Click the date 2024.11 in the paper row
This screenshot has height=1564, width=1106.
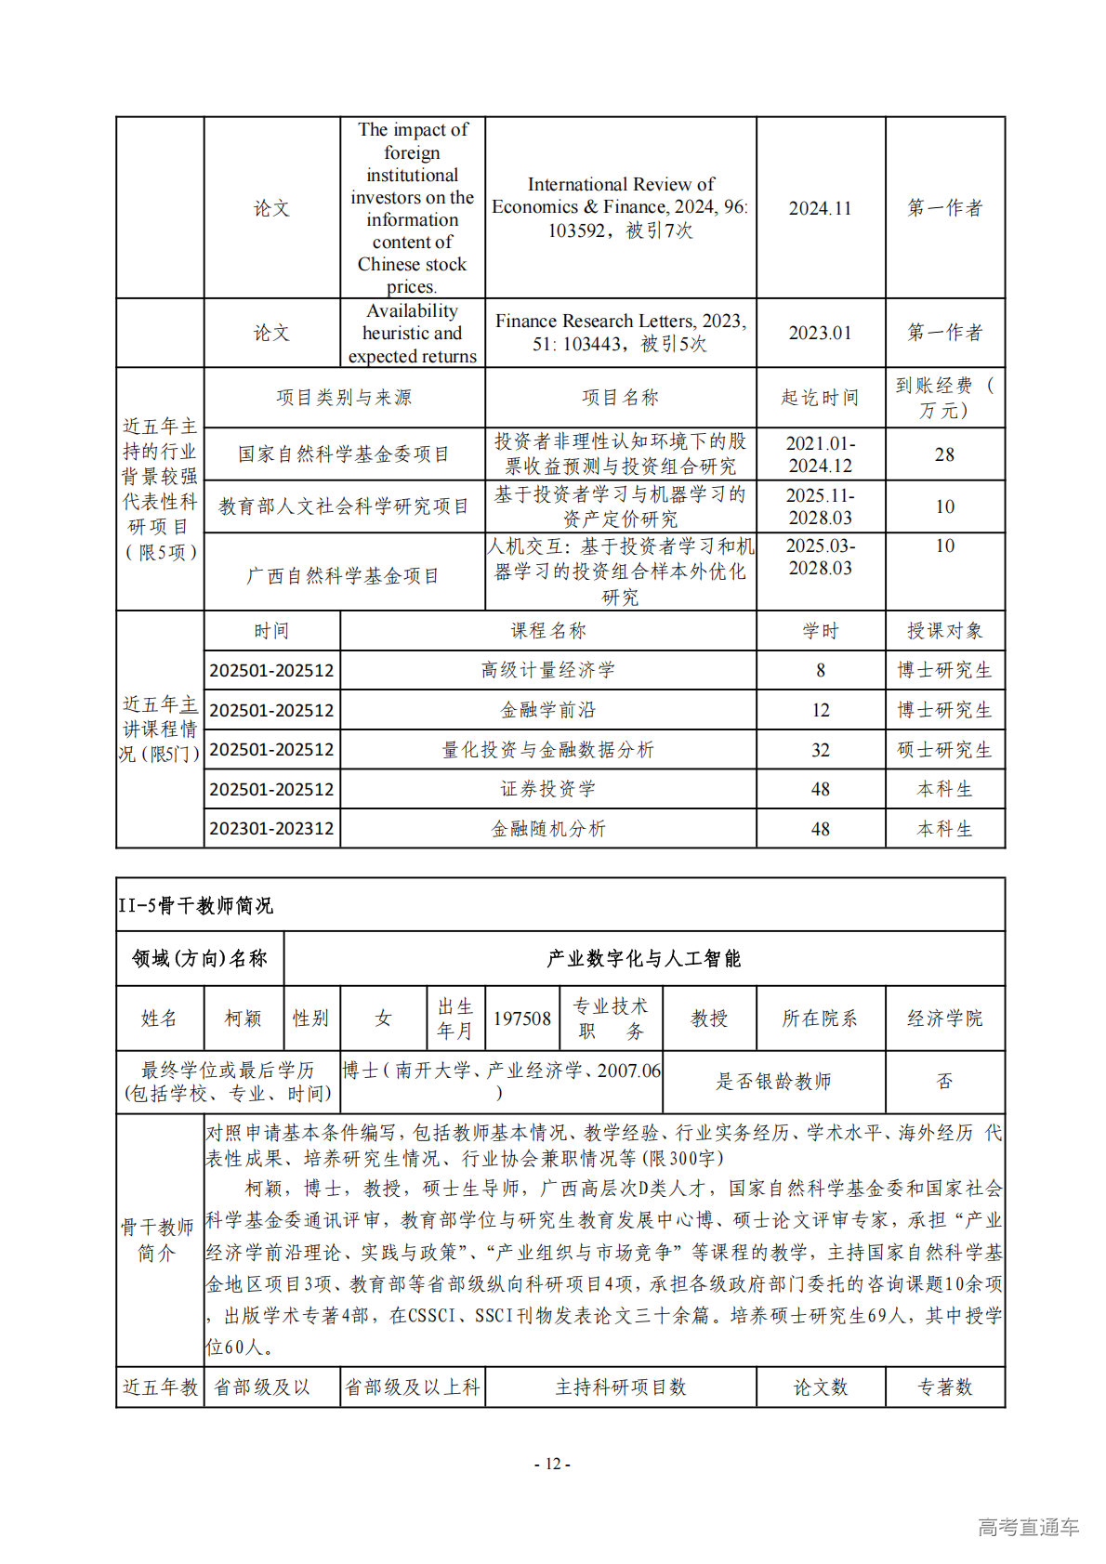[820, 208]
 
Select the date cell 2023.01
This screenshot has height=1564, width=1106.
[820, 333]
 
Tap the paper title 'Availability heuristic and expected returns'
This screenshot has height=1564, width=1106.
[412, 333]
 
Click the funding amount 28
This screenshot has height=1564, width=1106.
[944, 454]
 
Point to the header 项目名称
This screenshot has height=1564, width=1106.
[620, 398]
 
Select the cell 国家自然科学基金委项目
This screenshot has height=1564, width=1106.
[344, 454]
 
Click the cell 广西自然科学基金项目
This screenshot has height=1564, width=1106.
[344, 576]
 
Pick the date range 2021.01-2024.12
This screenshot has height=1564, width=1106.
[820, 454]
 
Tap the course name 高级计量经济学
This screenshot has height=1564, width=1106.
[547, 670]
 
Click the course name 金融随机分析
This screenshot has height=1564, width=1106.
[547, 829]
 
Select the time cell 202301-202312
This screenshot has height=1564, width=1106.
[271, 829]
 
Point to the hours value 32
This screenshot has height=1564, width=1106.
[820, 750]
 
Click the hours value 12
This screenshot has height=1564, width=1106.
[820, 710]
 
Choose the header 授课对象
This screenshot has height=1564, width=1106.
[944, 631]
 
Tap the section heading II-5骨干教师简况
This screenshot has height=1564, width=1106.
[196, 906]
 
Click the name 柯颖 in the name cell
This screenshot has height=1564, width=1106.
[244, 1019]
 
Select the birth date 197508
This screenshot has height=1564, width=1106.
[521, 1019]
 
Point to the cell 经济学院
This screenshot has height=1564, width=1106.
[944, 1019]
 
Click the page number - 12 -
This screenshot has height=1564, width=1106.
[552, 1464]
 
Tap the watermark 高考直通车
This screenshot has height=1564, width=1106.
[1028, 1527]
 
